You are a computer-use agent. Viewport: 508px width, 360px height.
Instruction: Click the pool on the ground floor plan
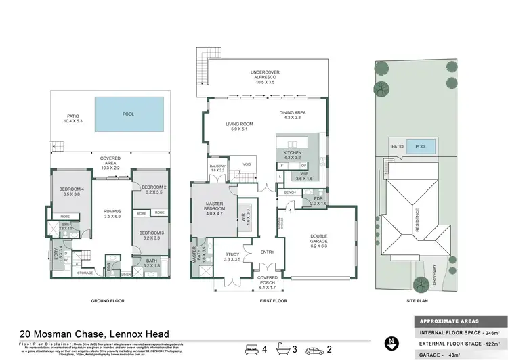tap(128, 116)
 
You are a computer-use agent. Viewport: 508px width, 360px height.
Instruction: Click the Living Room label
tap(239, 127)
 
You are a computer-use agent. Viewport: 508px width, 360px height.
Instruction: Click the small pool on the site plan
tap(421, 146)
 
